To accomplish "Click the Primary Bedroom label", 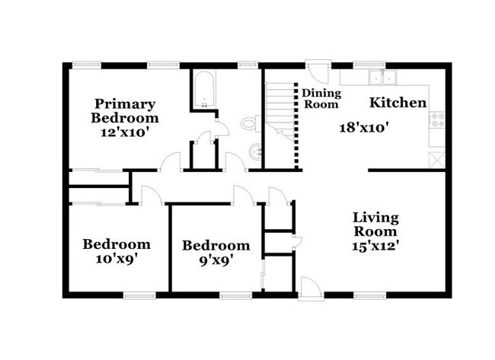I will pos(125,111).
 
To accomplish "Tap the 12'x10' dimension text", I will pos(125,132).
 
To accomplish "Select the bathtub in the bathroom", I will pos(203,91).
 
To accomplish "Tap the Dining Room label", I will pos(321,99).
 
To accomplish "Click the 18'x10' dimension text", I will pos(365,128).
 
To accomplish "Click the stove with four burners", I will pos(438,119).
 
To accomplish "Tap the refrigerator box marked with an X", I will pos(437,160).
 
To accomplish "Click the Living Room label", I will pos(375,225).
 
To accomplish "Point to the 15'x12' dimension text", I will pos(375,246).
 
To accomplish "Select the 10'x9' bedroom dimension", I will pos(116,259).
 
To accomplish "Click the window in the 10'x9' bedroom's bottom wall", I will pos(139,295).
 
